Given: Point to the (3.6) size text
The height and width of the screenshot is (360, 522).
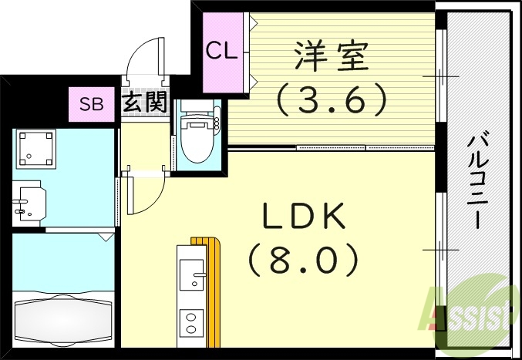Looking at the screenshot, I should point(330,98).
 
